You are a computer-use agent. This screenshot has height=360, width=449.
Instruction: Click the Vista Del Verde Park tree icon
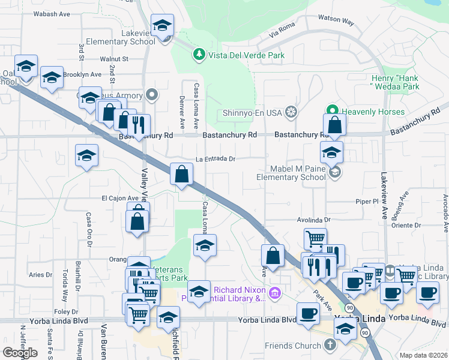[199, 55]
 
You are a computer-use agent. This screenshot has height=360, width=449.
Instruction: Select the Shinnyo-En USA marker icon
[291, 111]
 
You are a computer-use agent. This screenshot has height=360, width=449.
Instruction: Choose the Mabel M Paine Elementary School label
[291, 173]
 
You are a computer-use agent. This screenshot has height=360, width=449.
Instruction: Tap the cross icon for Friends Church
[329, 345]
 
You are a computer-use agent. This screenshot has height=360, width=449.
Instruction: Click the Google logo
[20, 352]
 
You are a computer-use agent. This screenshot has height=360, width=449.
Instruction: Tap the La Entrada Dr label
[214, 159]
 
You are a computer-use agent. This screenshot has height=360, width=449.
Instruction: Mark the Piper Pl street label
[366, 202]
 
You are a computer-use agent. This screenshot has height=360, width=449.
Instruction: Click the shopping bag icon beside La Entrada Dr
[181, 175]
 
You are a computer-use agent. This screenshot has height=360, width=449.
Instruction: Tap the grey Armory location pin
[152, 94]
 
